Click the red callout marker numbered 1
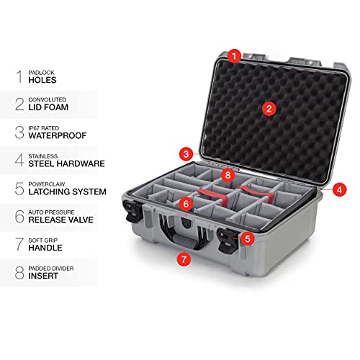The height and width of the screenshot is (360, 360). point(233,55)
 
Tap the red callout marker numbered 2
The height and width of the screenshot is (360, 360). point(268,109)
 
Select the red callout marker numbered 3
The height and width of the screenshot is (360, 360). point(186,153)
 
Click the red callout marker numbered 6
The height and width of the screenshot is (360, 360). point(185,204)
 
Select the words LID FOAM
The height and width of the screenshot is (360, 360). point(54,107)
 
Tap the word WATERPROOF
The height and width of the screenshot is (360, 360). point(63,135)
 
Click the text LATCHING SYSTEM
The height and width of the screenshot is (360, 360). point(72,192)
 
